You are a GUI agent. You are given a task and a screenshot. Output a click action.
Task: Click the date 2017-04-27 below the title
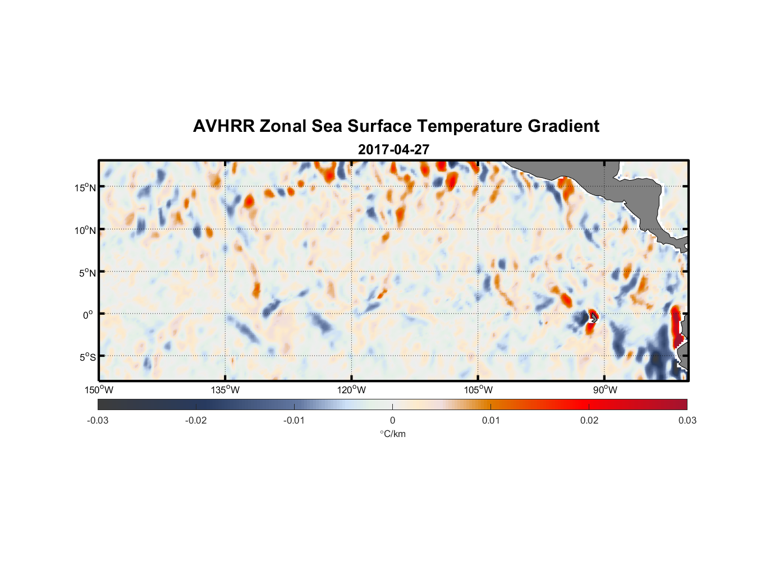[x=393, y=150]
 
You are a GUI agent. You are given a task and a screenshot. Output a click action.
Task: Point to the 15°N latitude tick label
[x=85, y=187]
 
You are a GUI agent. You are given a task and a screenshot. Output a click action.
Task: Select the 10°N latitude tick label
[x=85, y=230]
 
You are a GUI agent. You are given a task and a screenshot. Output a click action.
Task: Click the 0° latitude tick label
[x=88, y=315]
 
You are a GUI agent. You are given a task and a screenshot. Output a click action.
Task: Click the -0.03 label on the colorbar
[x=98, y=421]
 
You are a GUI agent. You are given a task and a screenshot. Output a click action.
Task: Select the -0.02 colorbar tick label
[x=196, y=421]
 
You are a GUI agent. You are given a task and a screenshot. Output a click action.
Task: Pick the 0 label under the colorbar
[x=392, y=421]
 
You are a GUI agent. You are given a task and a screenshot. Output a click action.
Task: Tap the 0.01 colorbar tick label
[x=490, y=421]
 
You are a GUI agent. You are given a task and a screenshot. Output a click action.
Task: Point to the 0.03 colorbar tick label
[x=687, y=421]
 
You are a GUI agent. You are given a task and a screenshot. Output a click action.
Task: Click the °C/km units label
[x=392, y=434]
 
